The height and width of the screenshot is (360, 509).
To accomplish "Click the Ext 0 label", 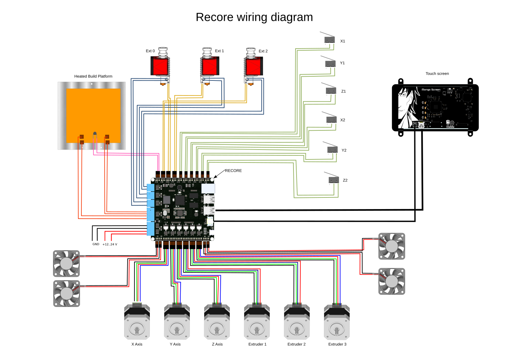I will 151,51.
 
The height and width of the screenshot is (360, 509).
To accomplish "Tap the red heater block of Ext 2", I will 253,67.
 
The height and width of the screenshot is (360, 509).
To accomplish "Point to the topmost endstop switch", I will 329,39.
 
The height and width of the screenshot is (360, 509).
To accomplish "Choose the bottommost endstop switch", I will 333,180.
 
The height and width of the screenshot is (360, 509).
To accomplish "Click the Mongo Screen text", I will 431,90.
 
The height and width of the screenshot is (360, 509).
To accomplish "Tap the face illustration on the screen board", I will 408,106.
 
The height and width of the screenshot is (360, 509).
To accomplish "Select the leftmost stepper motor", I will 137,322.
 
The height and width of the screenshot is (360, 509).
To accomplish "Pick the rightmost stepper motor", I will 337,322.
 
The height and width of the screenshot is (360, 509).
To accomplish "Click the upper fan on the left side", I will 66,263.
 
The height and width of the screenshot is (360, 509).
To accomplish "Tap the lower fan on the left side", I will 67,294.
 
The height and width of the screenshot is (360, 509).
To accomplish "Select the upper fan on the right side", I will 392,246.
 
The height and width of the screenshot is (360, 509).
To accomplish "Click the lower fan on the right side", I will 392,281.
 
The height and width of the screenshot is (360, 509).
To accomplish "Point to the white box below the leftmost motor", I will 144,344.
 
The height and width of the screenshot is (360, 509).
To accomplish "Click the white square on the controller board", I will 208,189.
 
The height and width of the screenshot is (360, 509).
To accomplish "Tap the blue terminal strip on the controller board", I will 151,210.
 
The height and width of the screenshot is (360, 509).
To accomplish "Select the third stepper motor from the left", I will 217,322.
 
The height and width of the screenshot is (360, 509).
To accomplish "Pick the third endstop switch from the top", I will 331,90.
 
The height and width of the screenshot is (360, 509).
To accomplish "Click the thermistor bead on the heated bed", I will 95,133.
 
